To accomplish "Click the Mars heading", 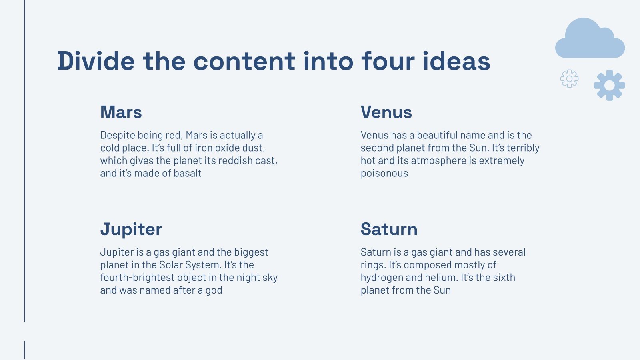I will click(121, 112).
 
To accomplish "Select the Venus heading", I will click(386, 112).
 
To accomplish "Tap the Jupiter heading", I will click(131, 230).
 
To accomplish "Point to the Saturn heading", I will click(389, 230).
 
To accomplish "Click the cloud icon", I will click(590, 39).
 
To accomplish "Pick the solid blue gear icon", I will click(609, 85).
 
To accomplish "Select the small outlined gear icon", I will click(569, 79).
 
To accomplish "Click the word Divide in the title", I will click(96, 61).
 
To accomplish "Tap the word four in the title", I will click(386, 61).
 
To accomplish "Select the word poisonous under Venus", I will click(384, 174).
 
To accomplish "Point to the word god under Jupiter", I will click(214, 291).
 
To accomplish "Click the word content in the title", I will click(244, 61).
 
